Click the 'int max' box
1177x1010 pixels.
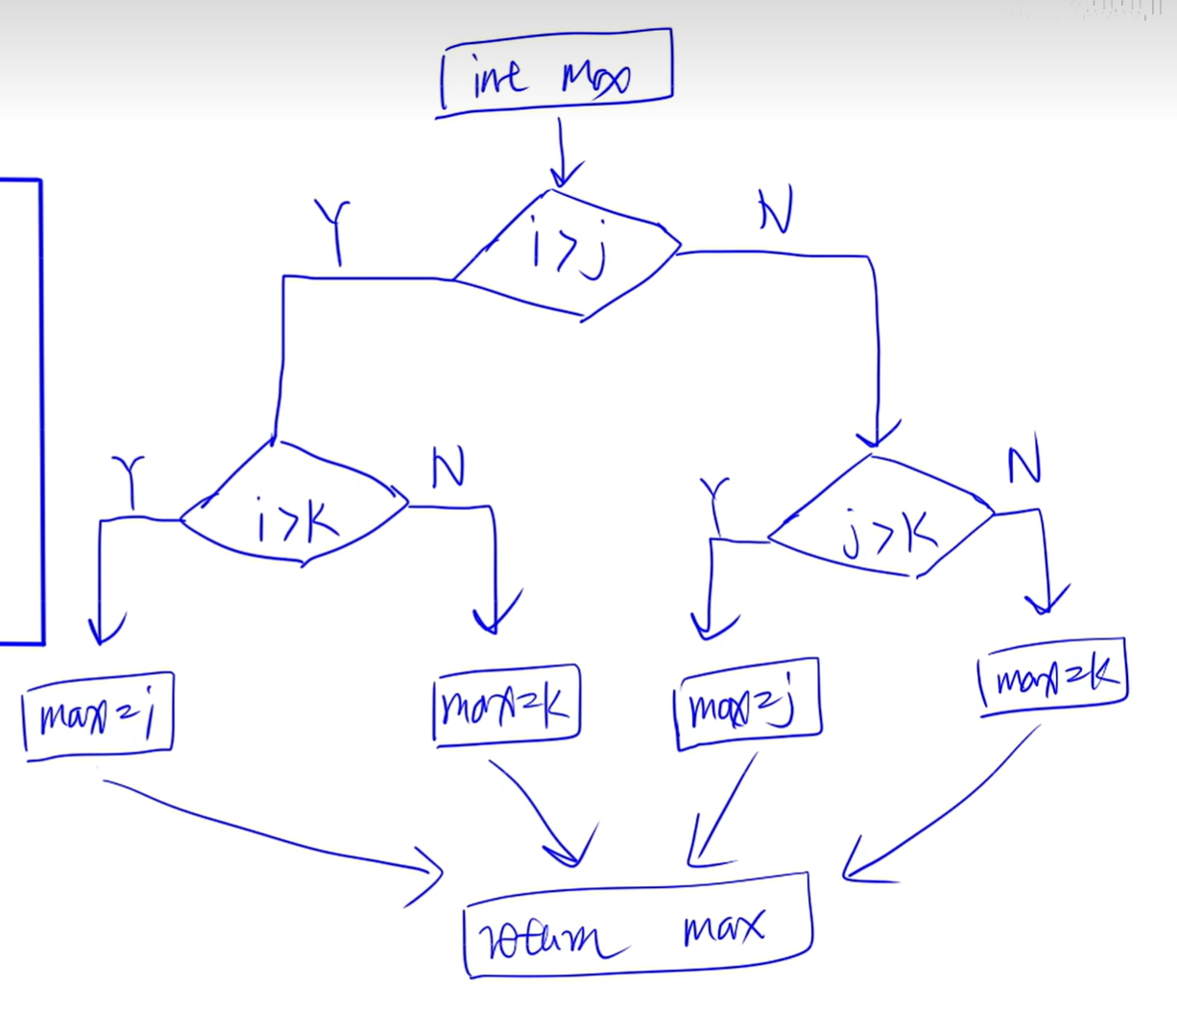[555, 73]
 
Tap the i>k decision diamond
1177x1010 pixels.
[296, 507]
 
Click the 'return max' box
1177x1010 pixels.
[637, 927]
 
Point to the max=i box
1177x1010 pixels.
[98, 716]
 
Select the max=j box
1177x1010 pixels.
[748, 704]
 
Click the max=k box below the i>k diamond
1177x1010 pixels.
[506, 705]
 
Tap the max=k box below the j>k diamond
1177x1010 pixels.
[1052, 676]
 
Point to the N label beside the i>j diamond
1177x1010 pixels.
[775, 211]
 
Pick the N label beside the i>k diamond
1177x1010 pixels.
[448, 469]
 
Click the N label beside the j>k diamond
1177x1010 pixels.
[1023, 467]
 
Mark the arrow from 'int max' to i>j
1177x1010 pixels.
[564, 154]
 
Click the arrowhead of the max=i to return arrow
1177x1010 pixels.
[427, 874]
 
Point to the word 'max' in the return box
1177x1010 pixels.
[724, 928]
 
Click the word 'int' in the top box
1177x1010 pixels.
[498, 77]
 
